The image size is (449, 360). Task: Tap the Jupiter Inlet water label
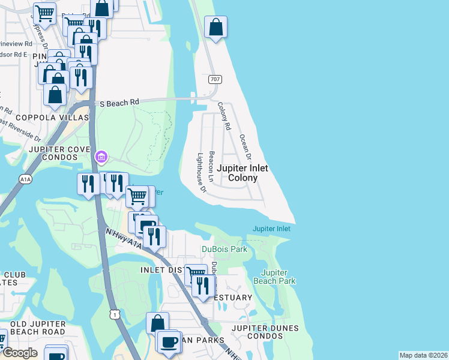coord(271,229)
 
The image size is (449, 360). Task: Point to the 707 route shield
coord(215,79)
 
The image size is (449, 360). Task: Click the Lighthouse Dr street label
coord(201,173)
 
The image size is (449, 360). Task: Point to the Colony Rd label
coord(224,116)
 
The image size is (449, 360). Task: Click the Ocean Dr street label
coord(245,146)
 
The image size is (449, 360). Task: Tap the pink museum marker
coord(101,158)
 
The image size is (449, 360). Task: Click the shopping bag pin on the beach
coord(215,27)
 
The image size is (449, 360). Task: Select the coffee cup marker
coord(170,341)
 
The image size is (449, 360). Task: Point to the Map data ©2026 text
coord(423,355)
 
